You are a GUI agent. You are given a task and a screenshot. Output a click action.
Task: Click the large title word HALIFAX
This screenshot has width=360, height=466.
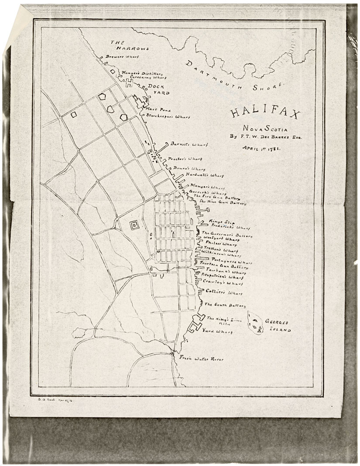[x=265, y=113]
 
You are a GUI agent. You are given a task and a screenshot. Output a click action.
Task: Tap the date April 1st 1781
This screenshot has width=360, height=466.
[x=261, y=148]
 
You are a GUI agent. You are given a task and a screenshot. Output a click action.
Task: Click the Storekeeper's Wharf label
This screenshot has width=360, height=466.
[x=168, y=117]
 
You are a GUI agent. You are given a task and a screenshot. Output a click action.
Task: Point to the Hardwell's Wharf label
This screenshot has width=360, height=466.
[x=204, y=175]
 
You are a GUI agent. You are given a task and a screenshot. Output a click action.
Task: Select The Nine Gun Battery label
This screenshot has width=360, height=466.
[x=223, y=203]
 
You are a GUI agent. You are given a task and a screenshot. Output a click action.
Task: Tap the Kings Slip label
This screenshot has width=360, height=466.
[x=219, y=222]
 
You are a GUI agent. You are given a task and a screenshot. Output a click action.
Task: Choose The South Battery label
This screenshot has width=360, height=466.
[x=225, y=305]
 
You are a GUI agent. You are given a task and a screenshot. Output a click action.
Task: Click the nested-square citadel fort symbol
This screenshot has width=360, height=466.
[x=135, y=226]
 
